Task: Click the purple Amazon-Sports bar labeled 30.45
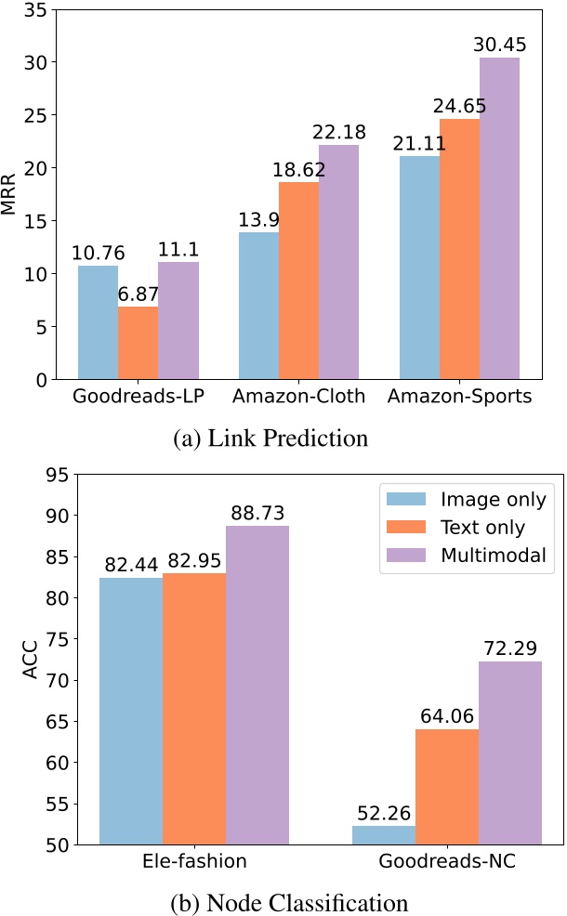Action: [499, 218]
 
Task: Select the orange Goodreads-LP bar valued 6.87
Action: [138, 343]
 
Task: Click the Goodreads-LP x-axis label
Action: [138, 399]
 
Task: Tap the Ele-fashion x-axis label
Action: [194, 861]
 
